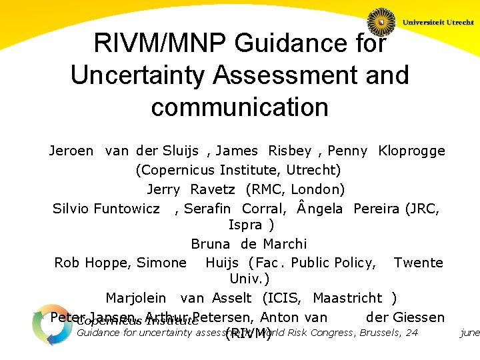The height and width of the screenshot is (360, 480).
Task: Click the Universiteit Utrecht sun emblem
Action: pos(381,22)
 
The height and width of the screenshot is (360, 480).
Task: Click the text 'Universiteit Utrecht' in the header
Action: pos(438,22)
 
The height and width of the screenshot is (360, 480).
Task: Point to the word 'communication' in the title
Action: pos(240,107)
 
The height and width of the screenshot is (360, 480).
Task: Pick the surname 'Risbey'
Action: pos(291,151)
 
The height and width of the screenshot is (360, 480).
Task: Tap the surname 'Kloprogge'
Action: pos(411,151)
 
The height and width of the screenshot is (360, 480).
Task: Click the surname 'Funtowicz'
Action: pos(127,208)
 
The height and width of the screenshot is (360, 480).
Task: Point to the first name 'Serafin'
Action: pos(209,208)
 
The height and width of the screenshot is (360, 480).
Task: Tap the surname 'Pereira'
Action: pos(377,208)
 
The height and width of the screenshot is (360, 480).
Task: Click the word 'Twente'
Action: pos(419,263)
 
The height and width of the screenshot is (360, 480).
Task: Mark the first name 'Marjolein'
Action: pos(136,298)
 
